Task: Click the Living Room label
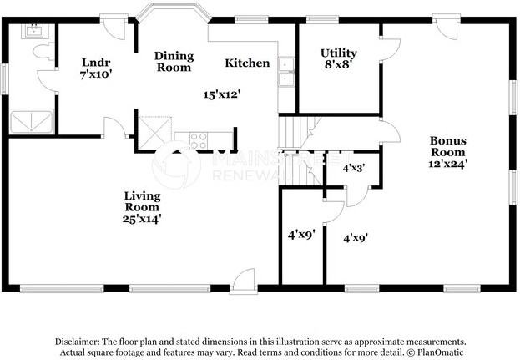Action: coord(142,201)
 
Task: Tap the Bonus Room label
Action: coord(448,146)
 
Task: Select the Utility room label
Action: coord(339,53)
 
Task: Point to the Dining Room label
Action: coord(174,61)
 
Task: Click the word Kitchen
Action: coord(247,63)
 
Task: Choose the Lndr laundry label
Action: coord(96,63)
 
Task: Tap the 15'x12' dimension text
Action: coord(221,95)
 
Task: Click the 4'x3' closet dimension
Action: coord(354,168)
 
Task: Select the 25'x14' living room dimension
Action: coord(142,219)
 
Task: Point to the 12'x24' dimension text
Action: coord(448,164)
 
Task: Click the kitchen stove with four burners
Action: coord(199,140)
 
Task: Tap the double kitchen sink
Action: coord(285,72)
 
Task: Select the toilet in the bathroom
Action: coord(43,52)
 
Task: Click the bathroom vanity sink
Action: coord(34,31)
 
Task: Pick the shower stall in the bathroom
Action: coord(32,122)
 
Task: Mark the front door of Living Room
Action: coord(244,281)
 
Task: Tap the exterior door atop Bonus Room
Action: coord(447,27)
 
